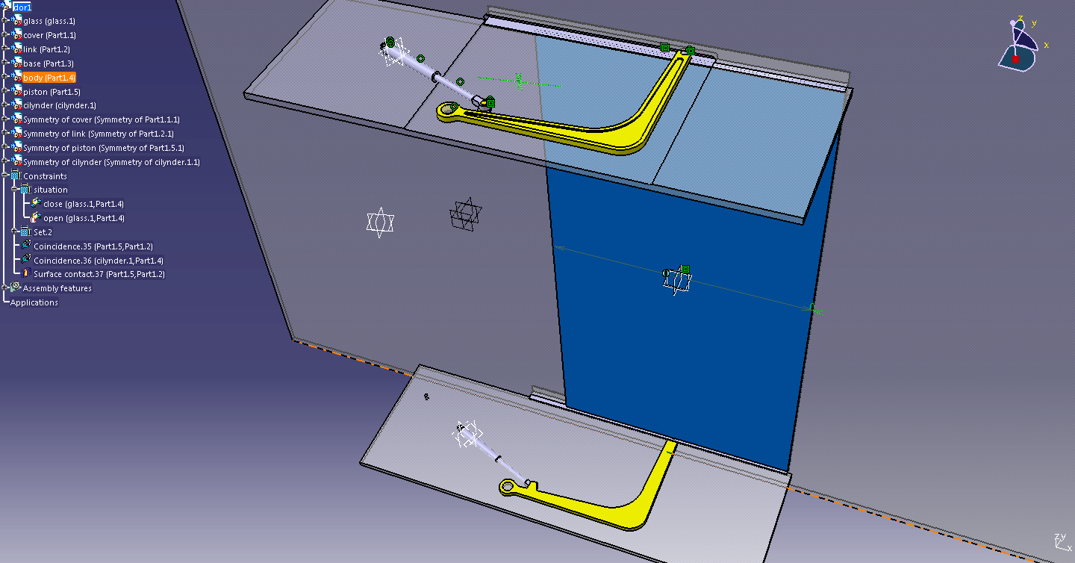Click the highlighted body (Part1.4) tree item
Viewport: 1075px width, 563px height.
click(x=49, y=78)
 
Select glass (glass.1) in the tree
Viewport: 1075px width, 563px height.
click(x=49, y=21)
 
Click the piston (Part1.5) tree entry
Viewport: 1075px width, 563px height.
click(x=52, y=92)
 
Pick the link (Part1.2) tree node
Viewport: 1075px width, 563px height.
click(x=46, y=49)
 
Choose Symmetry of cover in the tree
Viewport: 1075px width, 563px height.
click(x=102, y=119)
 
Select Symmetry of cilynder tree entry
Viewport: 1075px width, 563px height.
click(x=111, y=162)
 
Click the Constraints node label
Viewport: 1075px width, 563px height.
click(x=45, y=176)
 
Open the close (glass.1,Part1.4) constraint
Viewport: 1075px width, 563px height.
click(x=84, y=204)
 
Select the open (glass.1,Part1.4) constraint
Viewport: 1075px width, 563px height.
click(x=84, y=218)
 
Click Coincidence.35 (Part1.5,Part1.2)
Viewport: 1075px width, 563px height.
click(x=93, y=246)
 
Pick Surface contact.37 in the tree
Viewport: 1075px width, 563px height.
click(x=99, y=275)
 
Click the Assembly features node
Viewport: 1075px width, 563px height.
click(x=57, y=288)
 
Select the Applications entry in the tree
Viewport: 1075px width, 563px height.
click(x=34, y=303)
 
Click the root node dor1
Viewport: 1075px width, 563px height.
click(x=22, y=7)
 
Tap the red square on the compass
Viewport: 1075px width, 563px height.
click(x=1015, y=60)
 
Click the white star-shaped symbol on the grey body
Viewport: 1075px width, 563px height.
click(x=380, y=223)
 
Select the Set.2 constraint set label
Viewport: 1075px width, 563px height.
click(x=43, y=232)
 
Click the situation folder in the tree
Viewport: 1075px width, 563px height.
click(x=51, y=190)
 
